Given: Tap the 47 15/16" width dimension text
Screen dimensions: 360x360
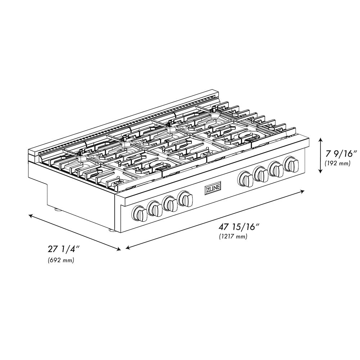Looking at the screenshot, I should point(239,227).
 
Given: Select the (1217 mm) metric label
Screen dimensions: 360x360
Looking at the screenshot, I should point(233,237).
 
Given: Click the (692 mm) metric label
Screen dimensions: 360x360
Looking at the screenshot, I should point(61,260).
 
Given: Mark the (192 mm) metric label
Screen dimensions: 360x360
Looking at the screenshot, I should point(337,163).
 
